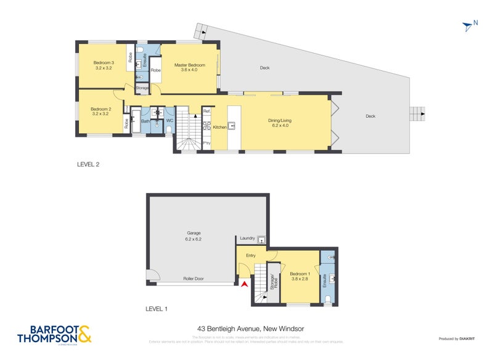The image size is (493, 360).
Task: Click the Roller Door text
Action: pyautogui.click(x=194, y=279)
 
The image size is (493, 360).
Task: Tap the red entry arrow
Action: pyautogui.click(x=245, y=284)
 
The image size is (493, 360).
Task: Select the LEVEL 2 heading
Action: pyautogui.click(x=88, y=165)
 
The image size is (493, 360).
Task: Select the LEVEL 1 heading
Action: pyautogui.click(x=156, y=308)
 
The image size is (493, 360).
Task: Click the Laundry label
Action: pyautogui.click(x=248, y=238)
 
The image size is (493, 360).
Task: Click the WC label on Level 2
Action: pyautogui.click(x=168, y=120)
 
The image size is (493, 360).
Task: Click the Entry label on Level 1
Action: pyautogui.click(x=251, y=255)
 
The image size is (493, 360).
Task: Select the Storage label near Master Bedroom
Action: pyautogui.click(x=142, y=88)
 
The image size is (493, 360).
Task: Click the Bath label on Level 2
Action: pyautogui.click(x=145, y=121)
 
